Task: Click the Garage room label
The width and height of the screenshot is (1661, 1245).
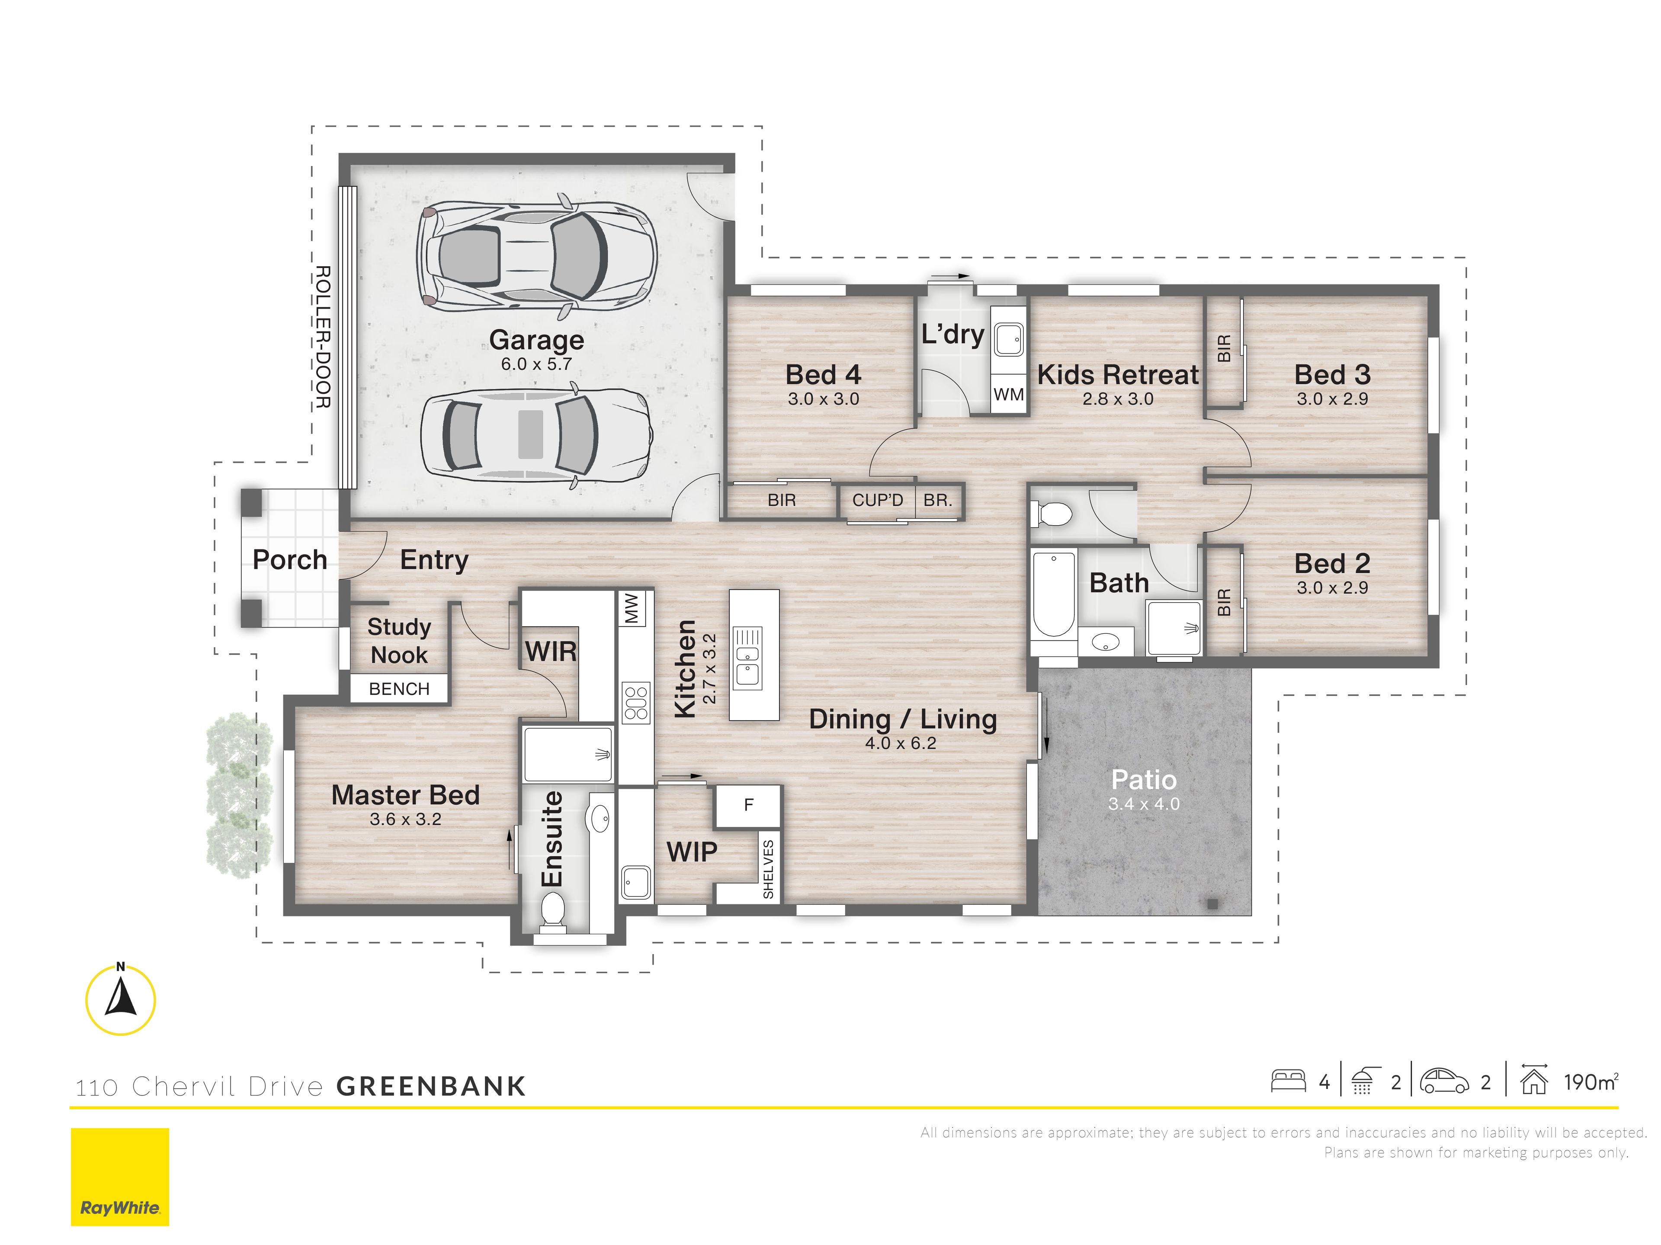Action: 536,340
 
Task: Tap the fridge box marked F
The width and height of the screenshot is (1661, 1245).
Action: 748,805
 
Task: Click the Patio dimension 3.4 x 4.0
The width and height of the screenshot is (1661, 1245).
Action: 1144,804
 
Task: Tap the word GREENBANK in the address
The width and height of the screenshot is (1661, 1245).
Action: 431,1086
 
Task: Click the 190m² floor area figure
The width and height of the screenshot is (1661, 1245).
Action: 1590,1082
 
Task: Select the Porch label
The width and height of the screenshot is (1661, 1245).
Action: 290,560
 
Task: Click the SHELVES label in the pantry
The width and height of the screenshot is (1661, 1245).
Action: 768,869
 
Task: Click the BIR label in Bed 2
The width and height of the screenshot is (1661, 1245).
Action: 1224,602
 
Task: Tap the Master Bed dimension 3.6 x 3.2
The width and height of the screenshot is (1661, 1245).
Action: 405,820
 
